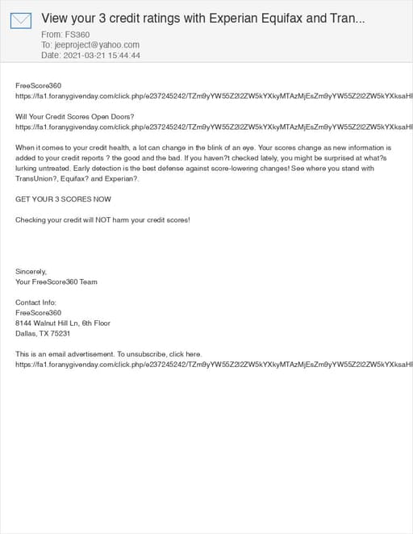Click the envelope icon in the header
tap(21, 20)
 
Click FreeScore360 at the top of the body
tap(38, 85)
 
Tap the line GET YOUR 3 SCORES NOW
tap(63, 198)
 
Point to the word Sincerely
tap(31, 272)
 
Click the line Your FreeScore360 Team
tap(56, 282)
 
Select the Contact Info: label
tap(36, 302)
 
